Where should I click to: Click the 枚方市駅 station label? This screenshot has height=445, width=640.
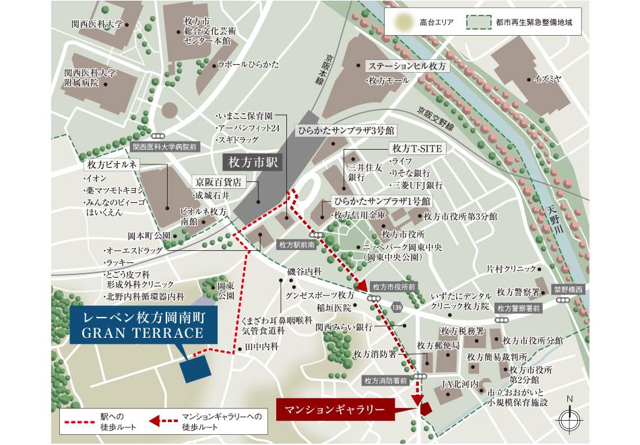[x=253, y=162]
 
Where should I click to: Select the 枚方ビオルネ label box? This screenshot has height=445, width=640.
[x=111, y=165]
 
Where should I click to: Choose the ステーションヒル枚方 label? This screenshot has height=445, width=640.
[x=406, y=67]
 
